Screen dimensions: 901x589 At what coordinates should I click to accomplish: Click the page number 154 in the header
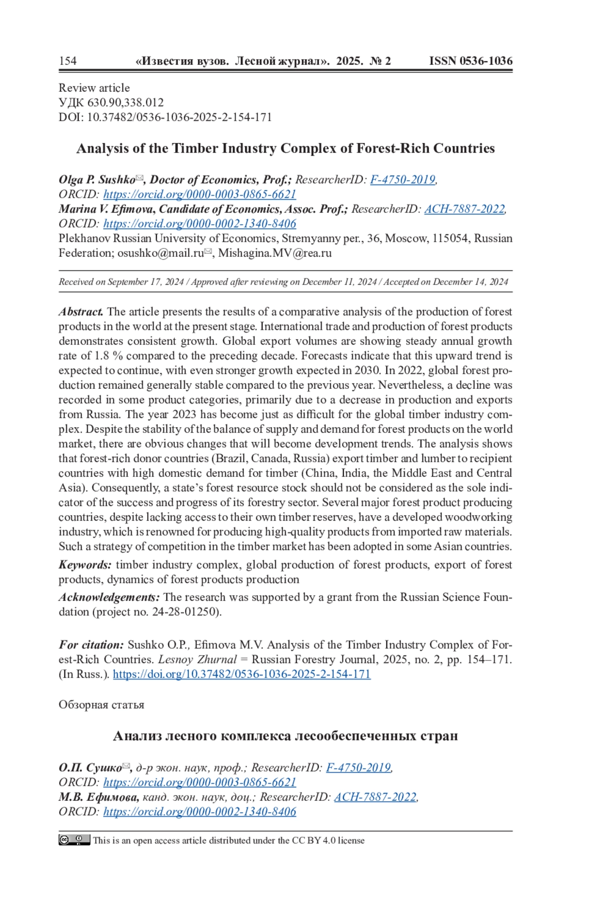(68, 61)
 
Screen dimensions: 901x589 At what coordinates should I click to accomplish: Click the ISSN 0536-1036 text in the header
(470, 61)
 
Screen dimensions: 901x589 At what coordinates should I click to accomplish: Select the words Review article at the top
(94, 88)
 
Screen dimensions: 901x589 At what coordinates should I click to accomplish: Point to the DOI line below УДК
(165, 117)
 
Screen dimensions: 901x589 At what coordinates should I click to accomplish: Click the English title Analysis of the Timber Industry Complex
(285, 148)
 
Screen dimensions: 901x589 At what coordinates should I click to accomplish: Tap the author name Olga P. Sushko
(97, 180)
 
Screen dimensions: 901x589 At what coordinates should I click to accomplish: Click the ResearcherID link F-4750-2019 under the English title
(402, 180)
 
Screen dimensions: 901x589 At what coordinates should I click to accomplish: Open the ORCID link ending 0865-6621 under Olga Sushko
(200, 194)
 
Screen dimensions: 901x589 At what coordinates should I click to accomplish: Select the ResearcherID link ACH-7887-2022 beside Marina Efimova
(464, 209)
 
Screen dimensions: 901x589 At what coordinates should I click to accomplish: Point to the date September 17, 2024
(146, 282)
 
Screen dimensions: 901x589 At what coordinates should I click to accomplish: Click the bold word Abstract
(81, 312)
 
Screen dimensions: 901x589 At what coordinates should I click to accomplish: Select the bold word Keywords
(85, 565)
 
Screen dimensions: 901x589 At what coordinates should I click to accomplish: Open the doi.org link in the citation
(241, 674)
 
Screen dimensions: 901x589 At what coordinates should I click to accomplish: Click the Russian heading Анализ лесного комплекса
(285, 736)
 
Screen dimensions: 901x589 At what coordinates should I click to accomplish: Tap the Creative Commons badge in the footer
(74, 840)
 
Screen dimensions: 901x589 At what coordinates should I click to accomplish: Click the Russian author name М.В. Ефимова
(99, 797)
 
